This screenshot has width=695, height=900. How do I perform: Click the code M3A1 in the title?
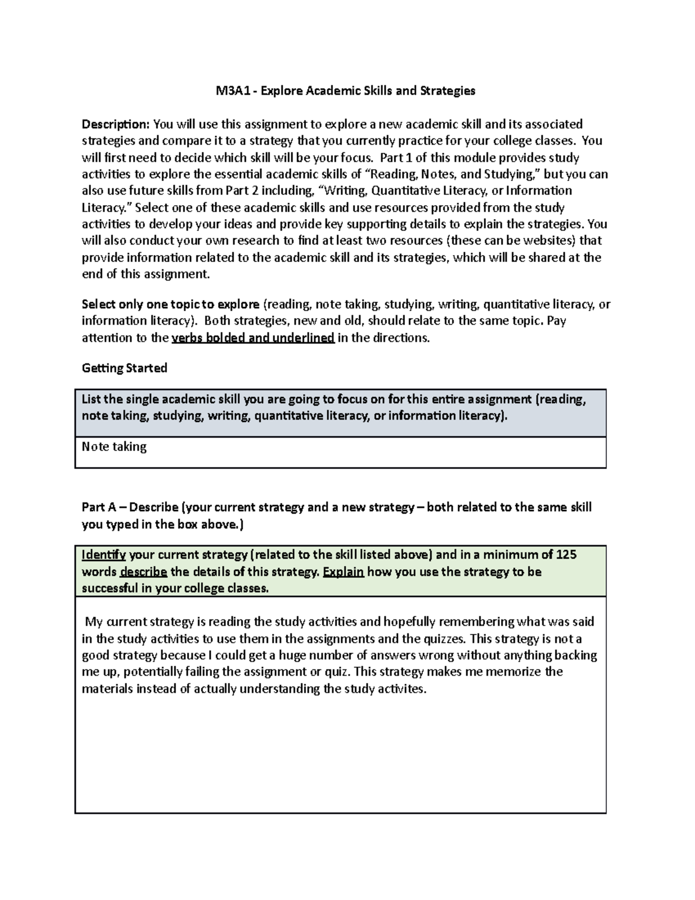click(228, 90)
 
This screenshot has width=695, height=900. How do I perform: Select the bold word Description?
click(116, 124)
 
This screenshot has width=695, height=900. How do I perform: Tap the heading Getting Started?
click(125, 368)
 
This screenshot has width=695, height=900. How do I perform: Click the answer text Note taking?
click(114, 447)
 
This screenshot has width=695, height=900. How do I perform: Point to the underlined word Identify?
click(104, 555)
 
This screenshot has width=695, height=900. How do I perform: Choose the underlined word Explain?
click(343, 571)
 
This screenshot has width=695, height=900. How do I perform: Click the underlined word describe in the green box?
click(144, 571)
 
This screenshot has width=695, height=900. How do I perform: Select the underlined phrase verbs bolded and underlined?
click(253, 338)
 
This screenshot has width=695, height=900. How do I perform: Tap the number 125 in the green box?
click(566, 555)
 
